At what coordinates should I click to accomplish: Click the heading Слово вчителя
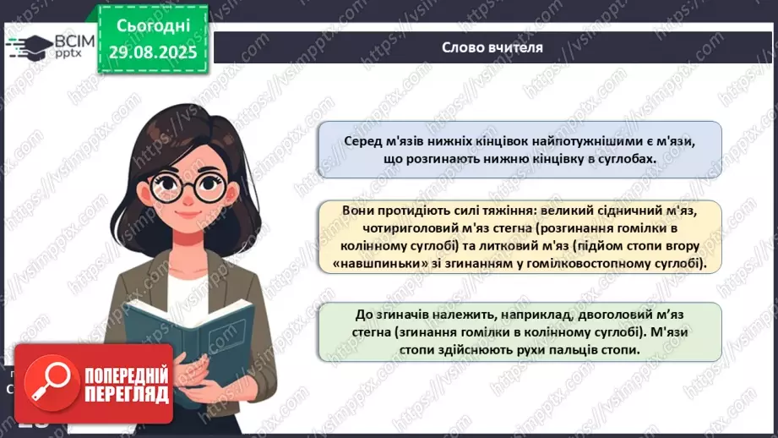click(492, 47)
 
